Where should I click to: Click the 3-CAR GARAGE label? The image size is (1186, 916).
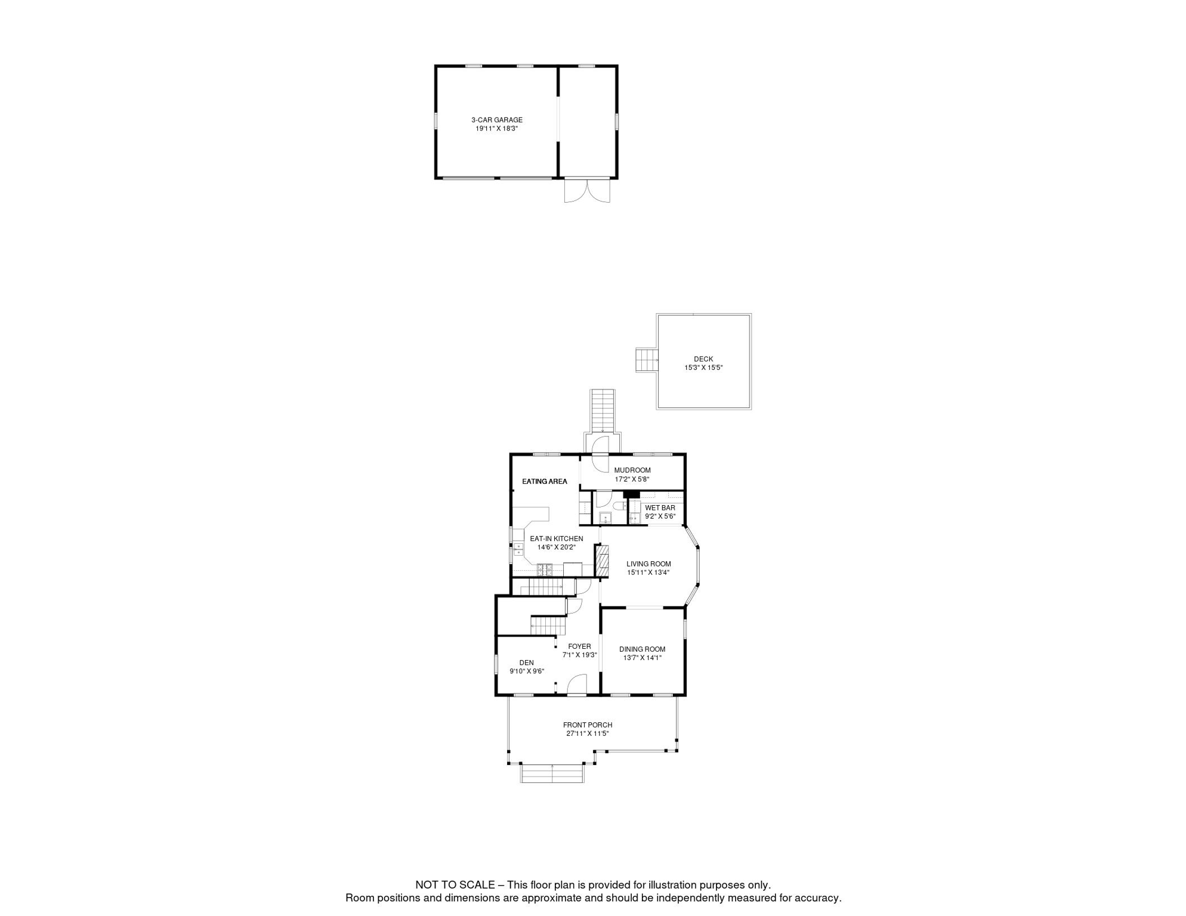tap(496, 120)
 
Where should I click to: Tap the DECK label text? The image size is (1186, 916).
tap(703, 359)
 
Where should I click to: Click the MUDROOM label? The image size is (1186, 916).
tap(632, 471)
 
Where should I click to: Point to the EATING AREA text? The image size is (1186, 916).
tap(544, 481)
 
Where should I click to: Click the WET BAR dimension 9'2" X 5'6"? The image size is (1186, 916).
tap(660, 516)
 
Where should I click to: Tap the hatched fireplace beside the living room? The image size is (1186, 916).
tap(603, 562)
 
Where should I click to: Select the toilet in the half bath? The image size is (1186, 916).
tap(619, 506)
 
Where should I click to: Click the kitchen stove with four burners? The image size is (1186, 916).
tap(545, 569)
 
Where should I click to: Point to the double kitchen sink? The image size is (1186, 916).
tap(518, 549)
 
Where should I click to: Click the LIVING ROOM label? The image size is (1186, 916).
tap(648, 564)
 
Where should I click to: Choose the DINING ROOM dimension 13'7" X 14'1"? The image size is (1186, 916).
tap(642, 658)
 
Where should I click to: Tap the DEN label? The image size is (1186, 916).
tap(526, 663)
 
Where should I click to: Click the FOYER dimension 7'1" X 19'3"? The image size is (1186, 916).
tap(579, 655)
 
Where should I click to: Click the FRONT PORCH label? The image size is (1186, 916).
tap(588, 725)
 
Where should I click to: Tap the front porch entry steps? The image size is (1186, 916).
tap(552, 773)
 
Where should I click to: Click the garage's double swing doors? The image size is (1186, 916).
tap(587, 190)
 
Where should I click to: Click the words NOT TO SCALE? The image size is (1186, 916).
tap(455, 885)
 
